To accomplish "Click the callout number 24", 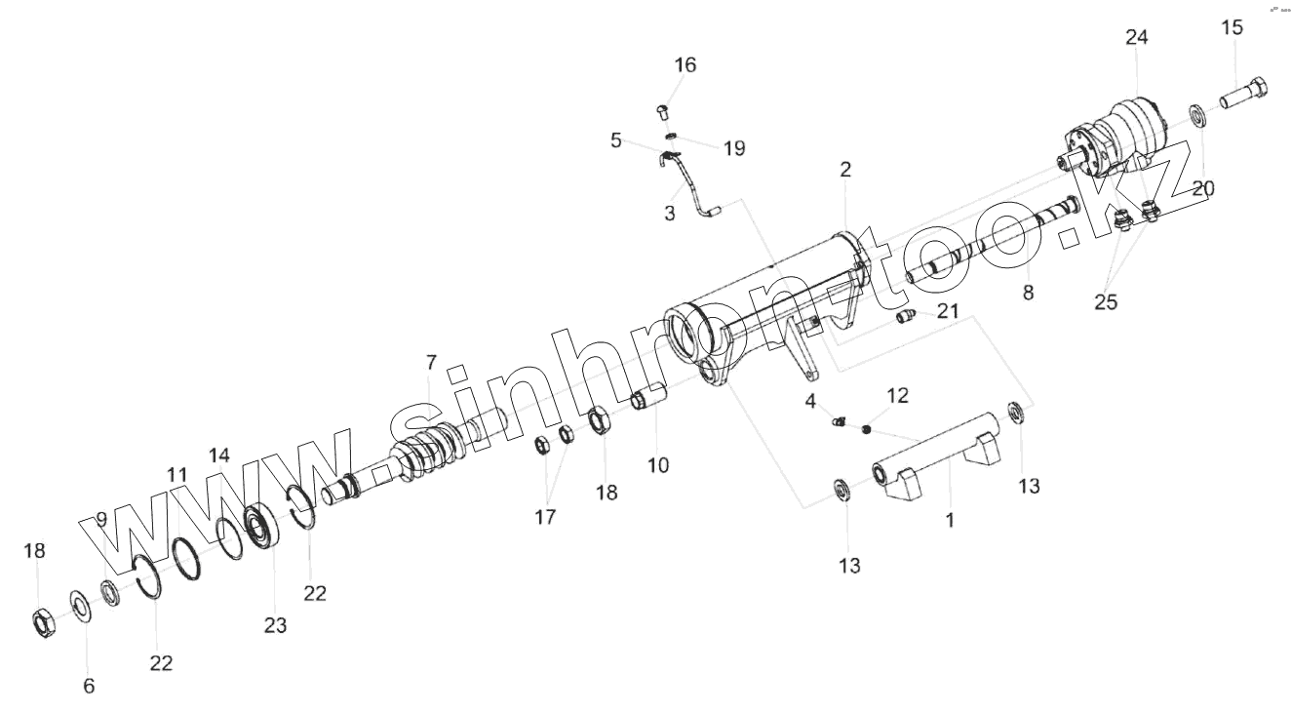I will coord(1137,37).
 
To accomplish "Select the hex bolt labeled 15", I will coord(1244,96).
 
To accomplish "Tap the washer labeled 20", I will coord(1196,115).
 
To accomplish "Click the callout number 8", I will coord(1028,291).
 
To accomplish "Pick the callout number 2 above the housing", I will coord(845,169).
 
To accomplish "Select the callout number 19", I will coord(734,148).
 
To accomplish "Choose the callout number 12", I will coord(897,395).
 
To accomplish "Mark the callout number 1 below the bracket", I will coord(950,520).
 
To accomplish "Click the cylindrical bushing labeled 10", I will coord(648,399).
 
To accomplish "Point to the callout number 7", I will coord(432,363).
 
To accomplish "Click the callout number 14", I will coord(219,455).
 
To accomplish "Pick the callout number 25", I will coord(1105,301).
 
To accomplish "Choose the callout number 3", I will coord(670,214).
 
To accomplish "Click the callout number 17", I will coord(545,517).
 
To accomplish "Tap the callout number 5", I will coord(615,140).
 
